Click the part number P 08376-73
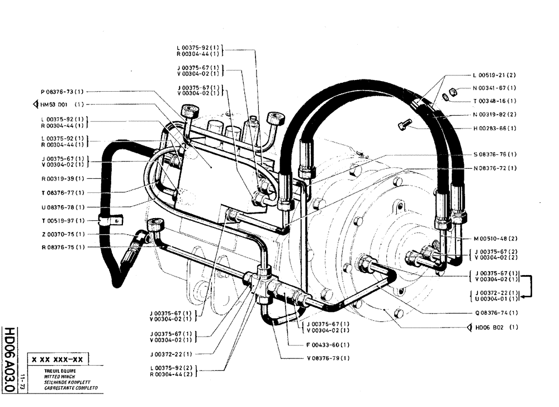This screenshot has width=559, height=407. (x=61, y=91)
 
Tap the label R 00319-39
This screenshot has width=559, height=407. (x=61, y=179)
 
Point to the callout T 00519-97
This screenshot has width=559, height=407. (x=61, y=220)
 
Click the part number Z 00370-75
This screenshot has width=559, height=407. (x=61, y=234)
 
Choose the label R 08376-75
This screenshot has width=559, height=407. (x=61, y=248)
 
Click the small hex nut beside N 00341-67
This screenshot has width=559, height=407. (x=454, y=89)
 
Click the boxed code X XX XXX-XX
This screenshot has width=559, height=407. (x=58, y=360)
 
